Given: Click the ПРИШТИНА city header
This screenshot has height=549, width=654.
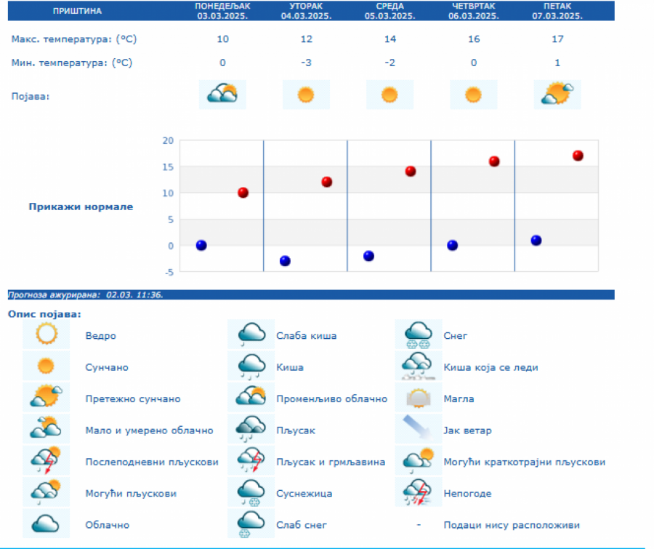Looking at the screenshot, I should tap(78, 11).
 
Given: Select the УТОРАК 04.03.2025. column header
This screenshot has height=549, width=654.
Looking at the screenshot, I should tap(306, 10).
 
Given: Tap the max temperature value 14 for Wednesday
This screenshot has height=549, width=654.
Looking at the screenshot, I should tap(389, 39).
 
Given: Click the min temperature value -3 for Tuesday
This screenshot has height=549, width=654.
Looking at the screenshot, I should tap(306, 63).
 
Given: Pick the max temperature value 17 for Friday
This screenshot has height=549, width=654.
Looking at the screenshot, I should tap(557, 39).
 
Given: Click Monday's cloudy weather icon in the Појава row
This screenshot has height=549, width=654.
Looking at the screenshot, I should tap(222, 95).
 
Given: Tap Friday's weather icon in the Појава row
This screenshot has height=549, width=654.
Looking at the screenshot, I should tap(557, 95).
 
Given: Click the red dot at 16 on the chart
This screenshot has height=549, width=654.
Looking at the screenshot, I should tap(494, 161).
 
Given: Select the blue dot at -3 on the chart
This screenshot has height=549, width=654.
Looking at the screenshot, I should tap(285, 261).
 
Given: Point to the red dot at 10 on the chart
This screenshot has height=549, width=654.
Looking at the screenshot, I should tap(243, 193).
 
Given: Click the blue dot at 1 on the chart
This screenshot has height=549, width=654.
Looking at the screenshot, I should tap(536, 241).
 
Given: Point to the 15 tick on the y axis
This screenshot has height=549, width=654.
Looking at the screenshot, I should tap(168, 167).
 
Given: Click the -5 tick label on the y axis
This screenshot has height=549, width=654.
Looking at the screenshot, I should tap(168, 272).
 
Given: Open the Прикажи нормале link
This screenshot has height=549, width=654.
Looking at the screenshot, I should tap(81, 207).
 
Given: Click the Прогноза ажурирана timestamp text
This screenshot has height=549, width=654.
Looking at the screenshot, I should tap(85, 295).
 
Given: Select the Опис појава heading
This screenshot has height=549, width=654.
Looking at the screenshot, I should tap(44, 314).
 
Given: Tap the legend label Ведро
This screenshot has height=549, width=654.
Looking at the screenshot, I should tap(100, 336).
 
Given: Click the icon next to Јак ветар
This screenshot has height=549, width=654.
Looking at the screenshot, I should tap(418, 430).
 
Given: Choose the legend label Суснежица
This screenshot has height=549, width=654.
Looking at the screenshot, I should tap(304, 494).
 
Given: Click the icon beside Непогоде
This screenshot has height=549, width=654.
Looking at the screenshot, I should tap(418, 493).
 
